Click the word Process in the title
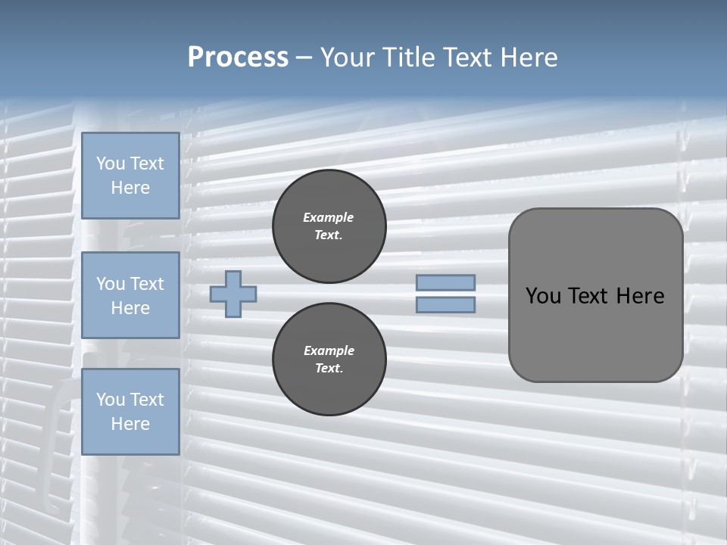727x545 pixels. point(238,58)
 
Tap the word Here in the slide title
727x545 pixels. point(528,58)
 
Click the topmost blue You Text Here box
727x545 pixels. point(130,176)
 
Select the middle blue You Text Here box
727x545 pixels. point(130,295)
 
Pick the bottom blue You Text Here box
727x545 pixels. point(130,412)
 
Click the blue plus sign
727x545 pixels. point(233,294)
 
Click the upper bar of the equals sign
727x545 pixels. point(446,282)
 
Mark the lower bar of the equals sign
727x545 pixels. point(446,305)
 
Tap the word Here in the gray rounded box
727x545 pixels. point(640,296)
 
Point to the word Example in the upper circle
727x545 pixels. point(329,217)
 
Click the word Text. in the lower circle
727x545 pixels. point(329,369)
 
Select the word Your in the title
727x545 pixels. point(348,58)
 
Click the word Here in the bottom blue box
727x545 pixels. point(130,424)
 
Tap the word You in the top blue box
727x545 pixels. point(111,163)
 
